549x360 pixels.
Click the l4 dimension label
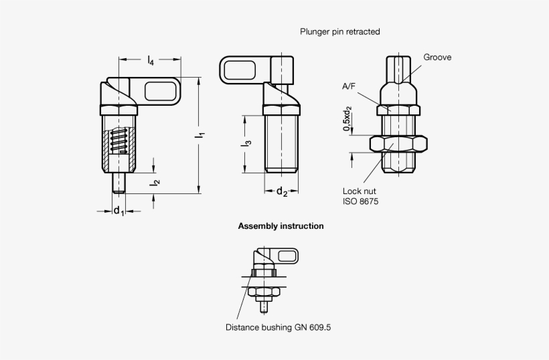151,62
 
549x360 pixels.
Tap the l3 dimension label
248,143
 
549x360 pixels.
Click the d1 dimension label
118,211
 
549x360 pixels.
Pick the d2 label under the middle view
282,193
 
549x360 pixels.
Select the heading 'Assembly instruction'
281,226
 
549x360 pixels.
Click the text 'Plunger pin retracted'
340,31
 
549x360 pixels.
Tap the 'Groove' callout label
437,58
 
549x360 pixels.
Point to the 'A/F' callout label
349,86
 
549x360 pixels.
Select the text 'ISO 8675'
361,201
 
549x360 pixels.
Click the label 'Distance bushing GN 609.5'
277,328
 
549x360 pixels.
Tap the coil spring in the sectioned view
119,141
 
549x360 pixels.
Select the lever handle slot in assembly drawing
288,256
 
